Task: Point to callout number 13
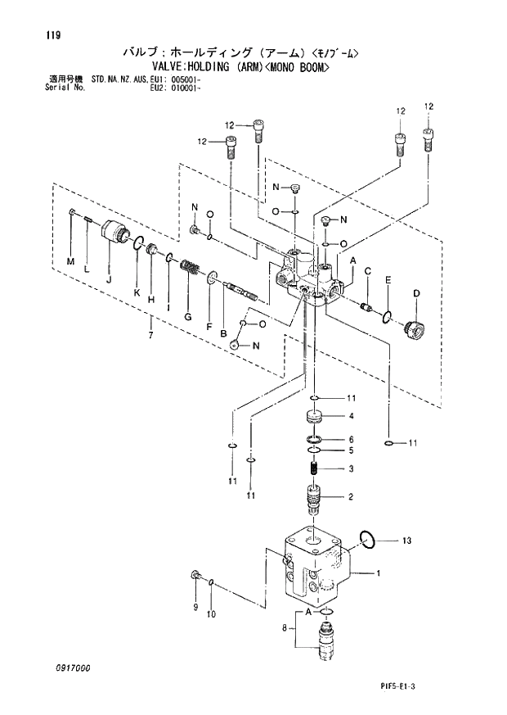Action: coord(407,540)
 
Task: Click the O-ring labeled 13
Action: coord(368,539)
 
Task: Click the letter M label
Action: coord(70,261)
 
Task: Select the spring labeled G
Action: coord(191,268)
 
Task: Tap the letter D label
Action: coord(415,293)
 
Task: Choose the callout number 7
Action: coord(150,333)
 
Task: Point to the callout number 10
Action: coord(211,613)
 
